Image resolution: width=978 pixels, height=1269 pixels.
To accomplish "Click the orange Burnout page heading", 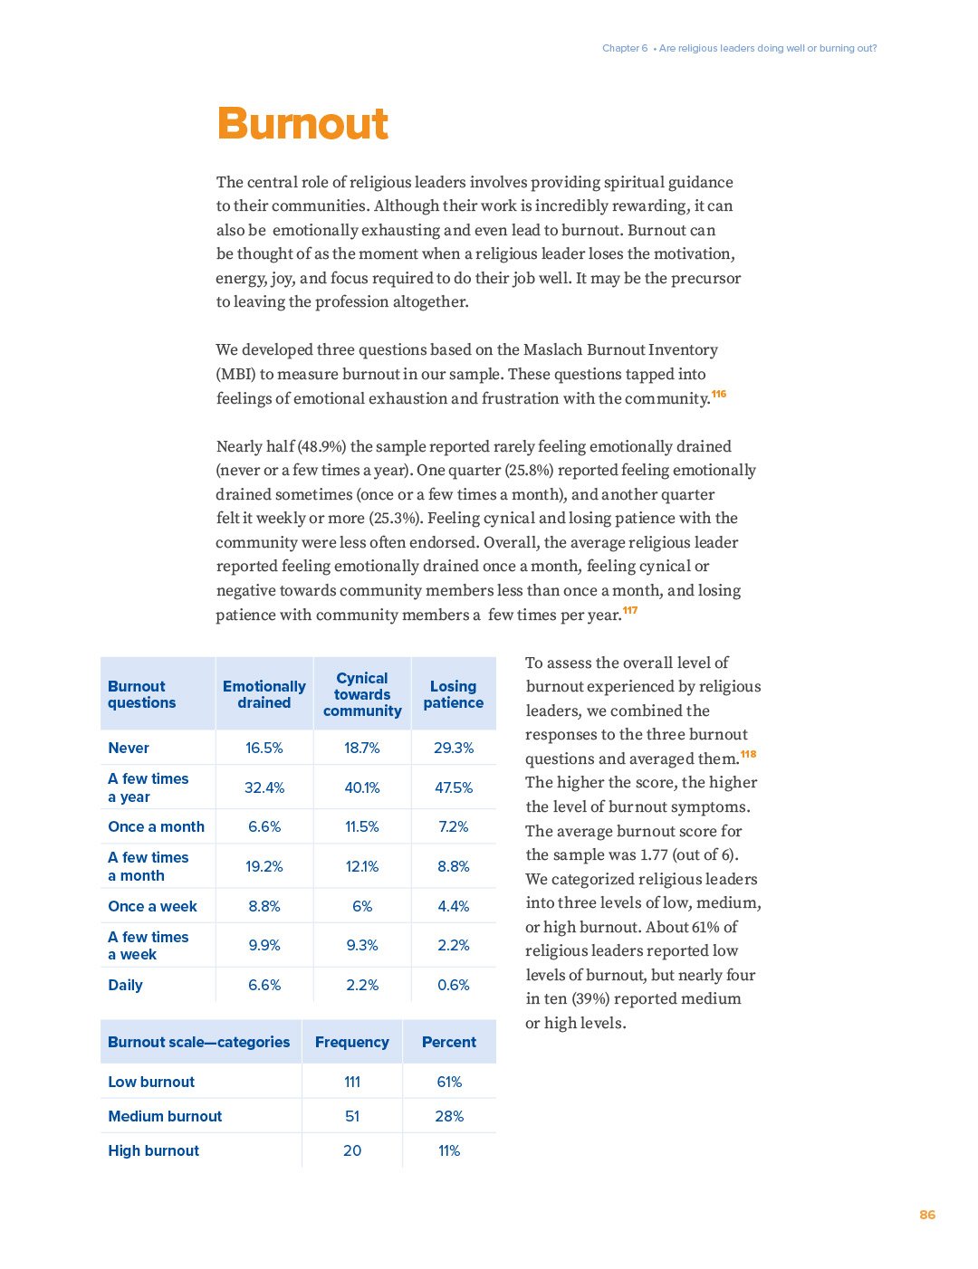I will pyautogui.click(x=302, y=124).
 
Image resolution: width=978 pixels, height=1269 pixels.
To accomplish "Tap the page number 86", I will pyautogui.click(x=926, y=1215).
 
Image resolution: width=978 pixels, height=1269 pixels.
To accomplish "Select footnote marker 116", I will pyautogui.click(x=719, y=394).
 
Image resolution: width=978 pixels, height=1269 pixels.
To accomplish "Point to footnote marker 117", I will pyautogui.click(x=630, y=610).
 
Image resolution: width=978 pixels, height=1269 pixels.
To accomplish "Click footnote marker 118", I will pyautogui.click(x=748, y=754).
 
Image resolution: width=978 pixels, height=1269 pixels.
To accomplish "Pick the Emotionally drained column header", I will pyautogui.click(x=264, y=694).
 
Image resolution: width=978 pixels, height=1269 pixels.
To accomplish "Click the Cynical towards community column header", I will pyautogui.click(x=362, y=694).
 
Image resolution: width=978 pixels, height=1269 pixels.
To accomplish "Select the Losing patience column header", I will pyautogui.click(x=453, y=694).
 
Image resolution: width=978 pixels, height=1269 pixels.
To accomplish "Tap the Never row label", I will pyautogui.click(x=129, y=748).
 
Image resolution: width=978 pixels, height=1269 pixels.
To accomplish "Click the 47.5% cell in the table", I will pyautogui.click(x=453, y=787).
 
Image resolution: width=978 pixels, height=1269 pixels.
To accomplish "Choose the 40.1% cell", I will pyautogui.click(x=362, y=787).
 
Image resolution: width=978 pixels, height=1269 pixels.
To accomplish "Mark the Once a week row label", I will pyautogui.click(x=152, y=906).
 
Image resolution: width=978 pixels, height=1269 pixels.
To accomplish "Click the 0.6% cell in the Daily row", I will pyautogui.click(x=453, y=985).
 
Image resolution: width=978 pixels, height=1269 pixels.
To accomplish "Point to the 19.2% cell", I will pyautogui.click(x=264, y=866).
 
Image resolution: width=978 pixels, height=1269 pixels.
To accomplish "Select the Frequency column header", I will pyautogui.click(x=351, y=1042).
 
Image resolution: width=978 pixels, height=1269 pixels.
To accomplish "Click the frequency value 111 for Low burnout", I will pyautogui.click(x=352, y=1082).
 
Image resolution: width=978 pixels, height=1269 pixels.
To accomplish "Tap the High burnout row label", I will pyautogui.click(x=153, y=1150).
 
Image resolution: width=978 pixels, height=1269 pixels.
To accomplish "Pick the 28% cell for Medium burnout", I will pyautogui.click(x=449, y=1116).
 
